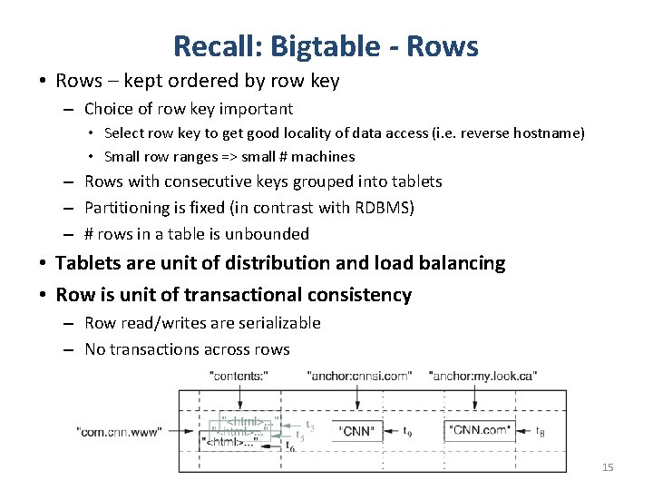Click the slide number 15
tap(608, 467)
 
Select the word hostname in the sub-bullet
tap(549, 132)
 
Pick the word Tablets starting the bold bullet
tap(88, 263)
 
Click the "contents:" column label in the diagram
tap(239, 375)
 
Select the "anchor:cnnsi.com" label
tap(359, 375)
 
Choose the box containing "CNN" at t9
tap(357, 431)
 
